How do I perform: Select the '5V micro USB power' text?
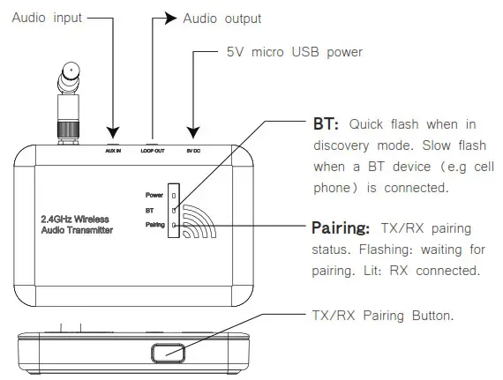click(295, 53)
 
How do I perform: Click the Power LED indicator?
click(173, 194)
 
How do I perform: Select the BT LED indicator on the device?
click(173, 210)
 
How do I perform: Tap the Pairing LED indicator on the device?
click(173, 226)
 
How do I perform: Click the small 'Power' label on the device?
click(155, 194)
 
